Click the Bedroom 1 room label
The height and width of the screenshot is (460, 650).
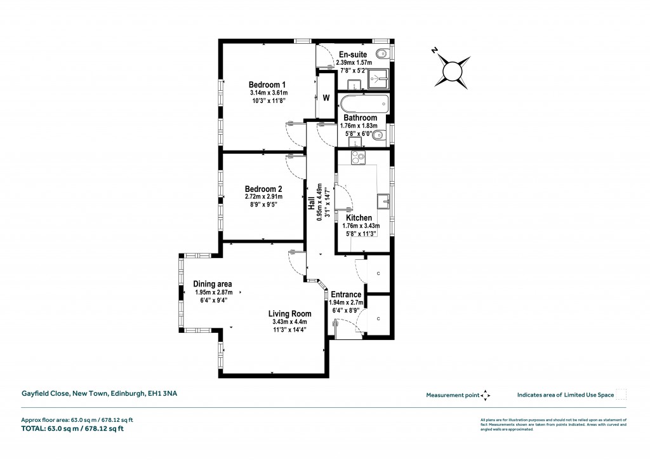pyautogui.click(x=267, y=85)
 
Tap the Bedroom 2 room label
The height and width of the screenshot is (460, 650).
pyautogui.click(x=263, y=189)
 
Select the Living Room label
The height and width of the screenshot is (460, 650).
pyautogui.click(x=289, y=313)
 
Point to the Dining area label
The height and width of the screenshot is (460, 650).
pyautogui.click(x=213, y=283)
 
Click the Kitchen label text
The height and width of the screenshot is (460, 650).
pyautogui.click(x=359, y=217)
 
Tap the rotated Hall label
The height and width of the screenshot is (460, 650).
pyautogui.click(x=312, y=202)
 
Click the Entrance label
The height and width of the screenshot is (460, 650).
pyautogui.click(x=347, y=294)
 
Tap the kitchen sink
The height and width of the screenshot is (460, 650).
pyautogui.click(x=383, y=201)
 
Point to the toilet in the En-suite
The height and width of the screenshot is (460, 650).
pyautogui.click(x=382, y=52)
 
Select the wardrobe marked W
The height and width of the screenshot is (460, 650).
pyautogui.click(x=326, y=98)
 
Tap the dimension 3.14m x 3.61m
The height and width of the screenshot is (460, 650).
pyautogui.click(x=267, y=93)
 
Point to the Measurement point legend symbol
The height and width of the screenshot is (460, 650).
pyautogui.click(x=486, y=395)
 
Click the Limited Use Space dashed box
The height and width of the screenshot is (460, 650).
pyautogui.click(x=621, y=395)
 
